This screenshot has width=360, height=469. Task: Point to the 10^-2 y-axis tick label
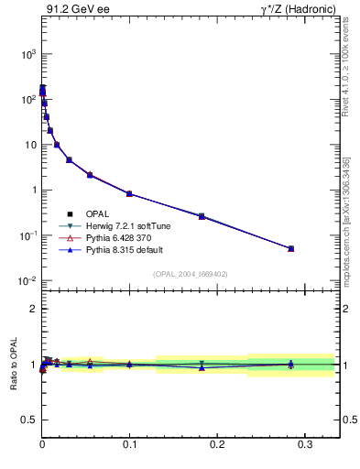(x=27, y=280)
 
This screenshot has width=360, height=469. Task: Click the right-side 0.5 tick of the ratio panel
(x=348, y=420)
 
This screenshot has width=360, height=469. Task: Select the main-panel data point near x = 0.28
(x=290, y=248)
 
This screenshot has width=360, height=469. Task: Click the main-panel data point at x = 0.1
(x=129, y=193)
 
